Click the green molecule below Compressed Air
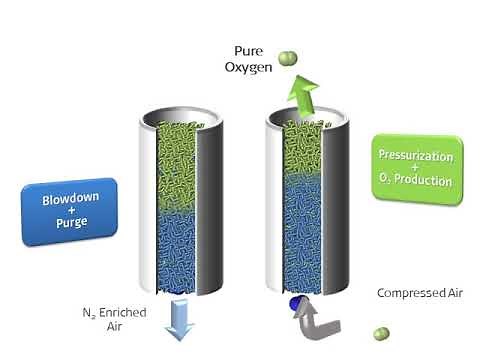(379, 333)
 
